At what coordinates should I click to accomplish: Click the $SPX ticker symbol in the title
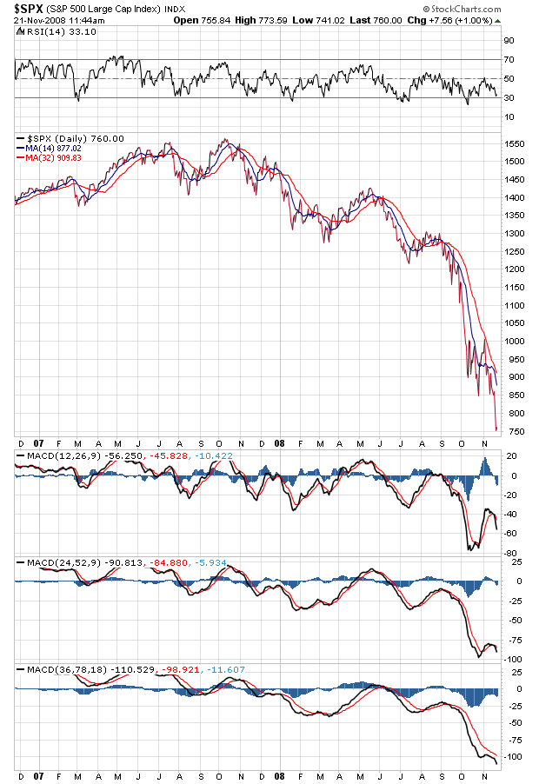click(x=30, y=8)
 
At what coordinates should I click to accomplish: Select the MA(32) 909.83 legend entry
click(x=52, y=157)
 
